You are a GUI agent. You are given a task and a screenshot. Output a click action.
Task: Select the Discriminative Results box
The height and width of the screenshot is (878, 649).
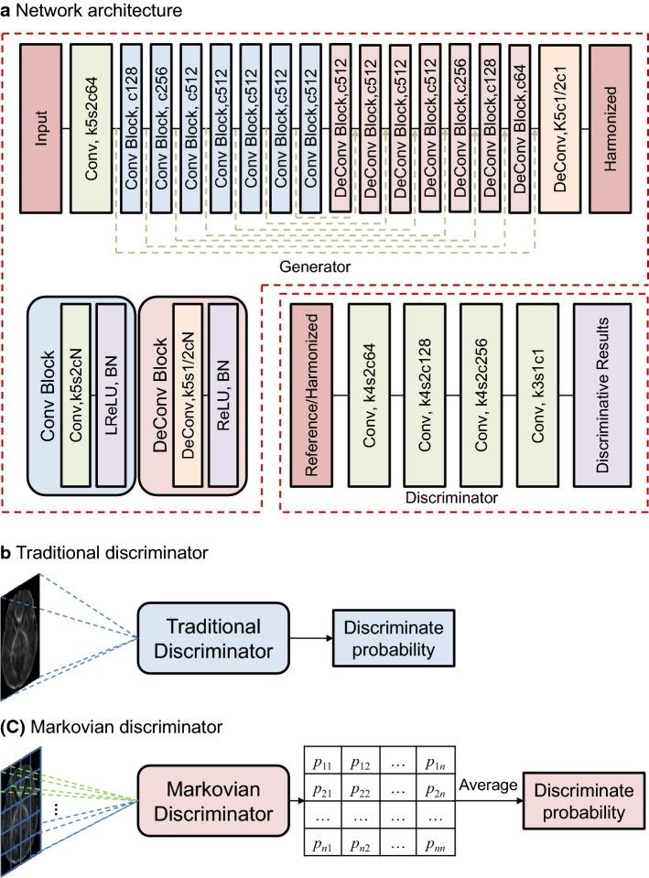[601, 393]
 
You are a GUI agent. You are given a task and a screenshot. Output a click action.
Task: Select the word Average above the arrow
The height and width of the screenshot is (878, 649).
[487, 785]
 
